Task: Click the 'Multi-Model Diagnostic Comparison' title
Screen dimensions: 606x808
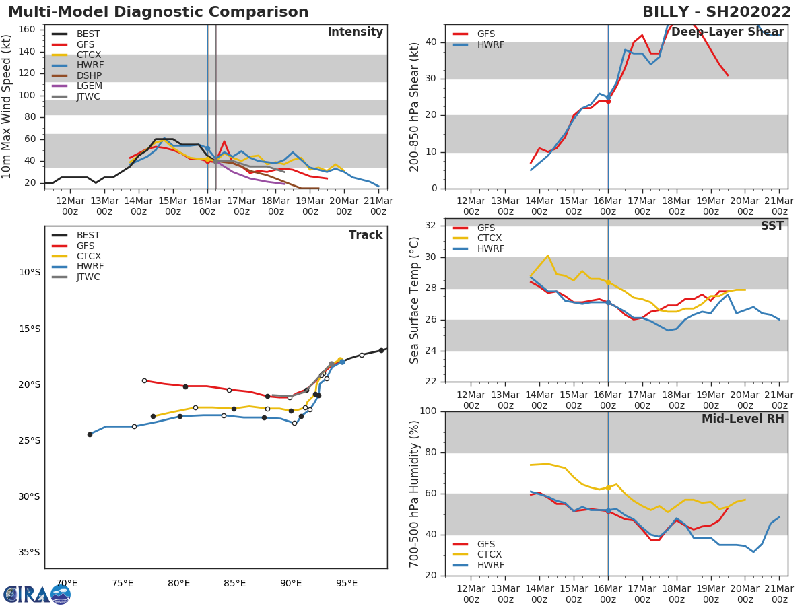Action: [x=158, y=12]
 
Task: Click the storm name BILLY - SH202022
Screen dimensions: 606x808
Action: [x=716, y=12]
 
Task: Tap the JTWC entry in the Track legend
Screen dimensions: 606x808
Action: [x=88, y=277]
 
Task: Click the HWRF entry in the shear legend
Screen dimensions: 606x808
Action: [x=490, y=44]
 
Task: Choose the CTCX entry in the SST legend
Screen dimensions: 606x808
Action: [x=490, y=238]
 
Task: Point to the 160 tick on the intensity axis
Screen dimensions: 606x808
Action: [x=27, y=29]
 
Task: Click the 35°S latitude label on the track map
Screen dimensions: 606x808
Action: [x=28, y=553]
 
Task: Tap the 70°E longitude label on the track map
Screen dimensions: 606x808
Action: [x=66, y=584]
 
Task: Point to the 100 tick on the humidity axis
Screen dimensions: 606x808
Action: [x=431, y=411]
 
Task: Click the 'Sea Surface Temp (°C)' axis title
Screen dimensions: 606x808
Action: [x=415, y=300]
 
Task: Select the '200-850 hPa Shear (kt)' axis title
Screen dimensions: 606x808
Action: [x=415, y=106]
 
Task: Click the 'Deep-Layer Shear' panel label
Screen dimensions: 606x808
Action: [x=727, y=32]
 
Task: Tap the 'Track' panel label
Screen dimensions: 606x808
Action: [x=366, y=235]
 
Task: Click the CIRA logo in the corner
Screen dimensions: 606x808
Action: [x=37, y=594]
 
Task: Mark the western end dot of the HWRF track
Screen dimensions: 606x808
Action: [x=90, y=434]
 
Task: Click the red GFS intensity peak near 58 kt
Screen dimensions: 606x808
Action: [x=224, y=141]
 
